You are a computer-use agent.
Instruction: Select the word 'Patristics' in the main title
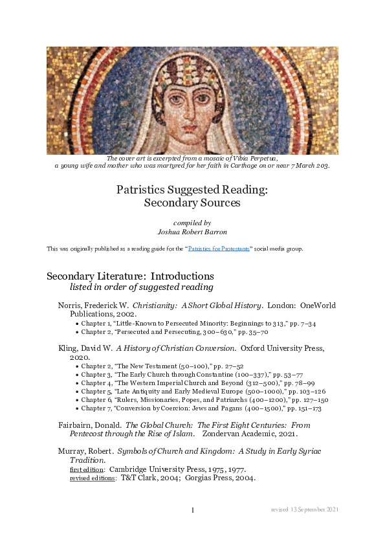coord(140,190)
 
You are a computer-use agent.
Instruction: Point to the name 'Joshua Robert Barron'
coord(192,230)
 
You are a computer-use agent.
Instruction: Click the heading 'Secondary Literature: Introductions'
coord(130,276)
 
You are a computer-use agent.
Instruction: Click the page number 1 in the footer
coord(193,510)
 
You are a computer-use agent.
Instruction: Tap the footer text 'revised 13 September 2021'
coord(305,510)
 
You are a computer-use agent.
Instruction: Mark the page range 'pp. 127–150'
coord(302,400)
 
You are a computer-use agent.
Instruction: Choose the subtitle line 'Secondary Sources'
coord(192,203)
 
